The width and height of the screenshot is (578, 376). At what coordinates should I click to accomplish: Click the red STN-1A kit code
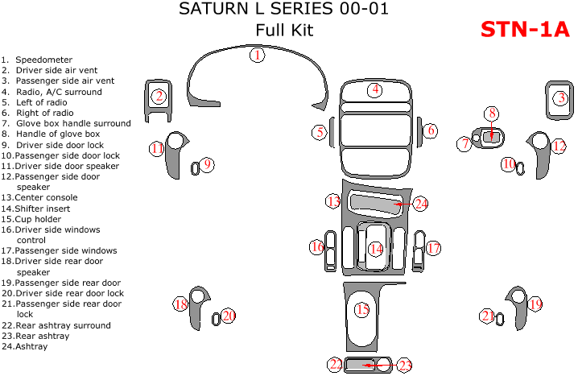[x=525, y=30]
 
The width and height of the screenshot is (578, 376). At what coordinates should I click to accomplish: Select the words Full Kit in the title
[x=284, y=31]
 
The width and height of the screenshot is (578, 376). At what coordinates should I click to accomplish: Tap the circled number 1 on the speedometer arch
[x=257, y=56]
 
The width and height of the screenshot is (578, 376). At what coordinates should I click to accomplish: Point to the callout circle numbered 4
[x=375, y=89]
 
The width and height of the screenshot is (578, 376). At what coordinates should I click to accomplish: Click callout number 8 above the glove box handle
[x=491, y=114]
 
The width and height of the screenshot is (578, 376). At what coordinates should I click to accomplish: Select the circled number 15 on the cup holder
[x=362, y=310]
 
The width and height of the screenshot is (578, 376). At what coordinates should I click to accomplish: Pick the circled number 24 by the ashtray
[x=421, y=205]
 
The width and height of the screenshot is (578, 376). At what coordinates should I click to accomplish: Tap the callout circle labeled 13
[x=333, y=200]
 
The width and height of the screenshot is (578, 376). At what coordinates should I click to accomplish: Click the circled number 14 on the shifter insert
[x=376, y=249]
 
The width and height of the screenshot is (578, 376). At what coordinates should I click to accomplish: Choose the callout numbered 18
[x=181, y=304]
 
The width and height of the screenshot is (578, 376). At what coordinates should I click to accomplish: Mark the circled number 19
[x=535, y=304]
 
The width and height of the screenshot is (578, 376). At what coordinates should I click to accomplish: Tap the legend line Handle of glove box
[x=57, y=134]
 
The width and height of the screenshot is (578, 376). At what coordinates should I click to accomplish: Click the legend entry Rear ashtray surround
[x=63, y=325]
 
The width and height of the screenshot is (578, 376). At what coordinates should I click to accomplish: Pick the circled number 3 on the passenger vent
[x=560, y=98]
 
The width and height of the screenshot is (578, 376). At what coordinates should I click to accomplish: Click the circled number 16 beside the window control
[x=317, y=247]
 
